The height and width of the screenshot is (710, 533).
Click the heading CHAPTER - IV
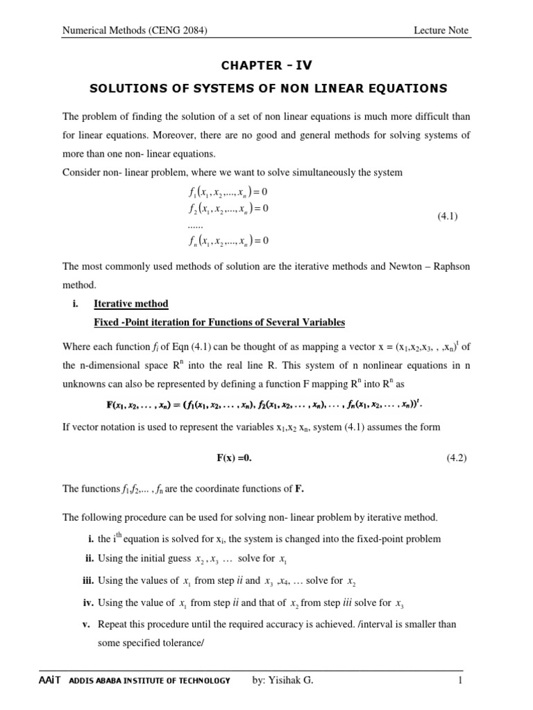[x=266, y=66]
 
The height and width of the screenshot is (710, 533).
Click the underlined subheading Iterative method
[x=130, y=304]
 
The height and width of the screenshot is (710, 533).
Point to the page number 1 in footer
[x=460, y=680]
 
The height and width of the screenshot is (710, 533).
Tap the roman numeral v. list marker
[x=87, y=624]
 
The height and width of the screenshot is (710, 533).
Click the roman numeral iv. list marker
[x=87, y=603]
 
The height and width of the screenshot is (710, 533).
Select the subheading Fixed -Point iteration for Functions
[x=219, y=322]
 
